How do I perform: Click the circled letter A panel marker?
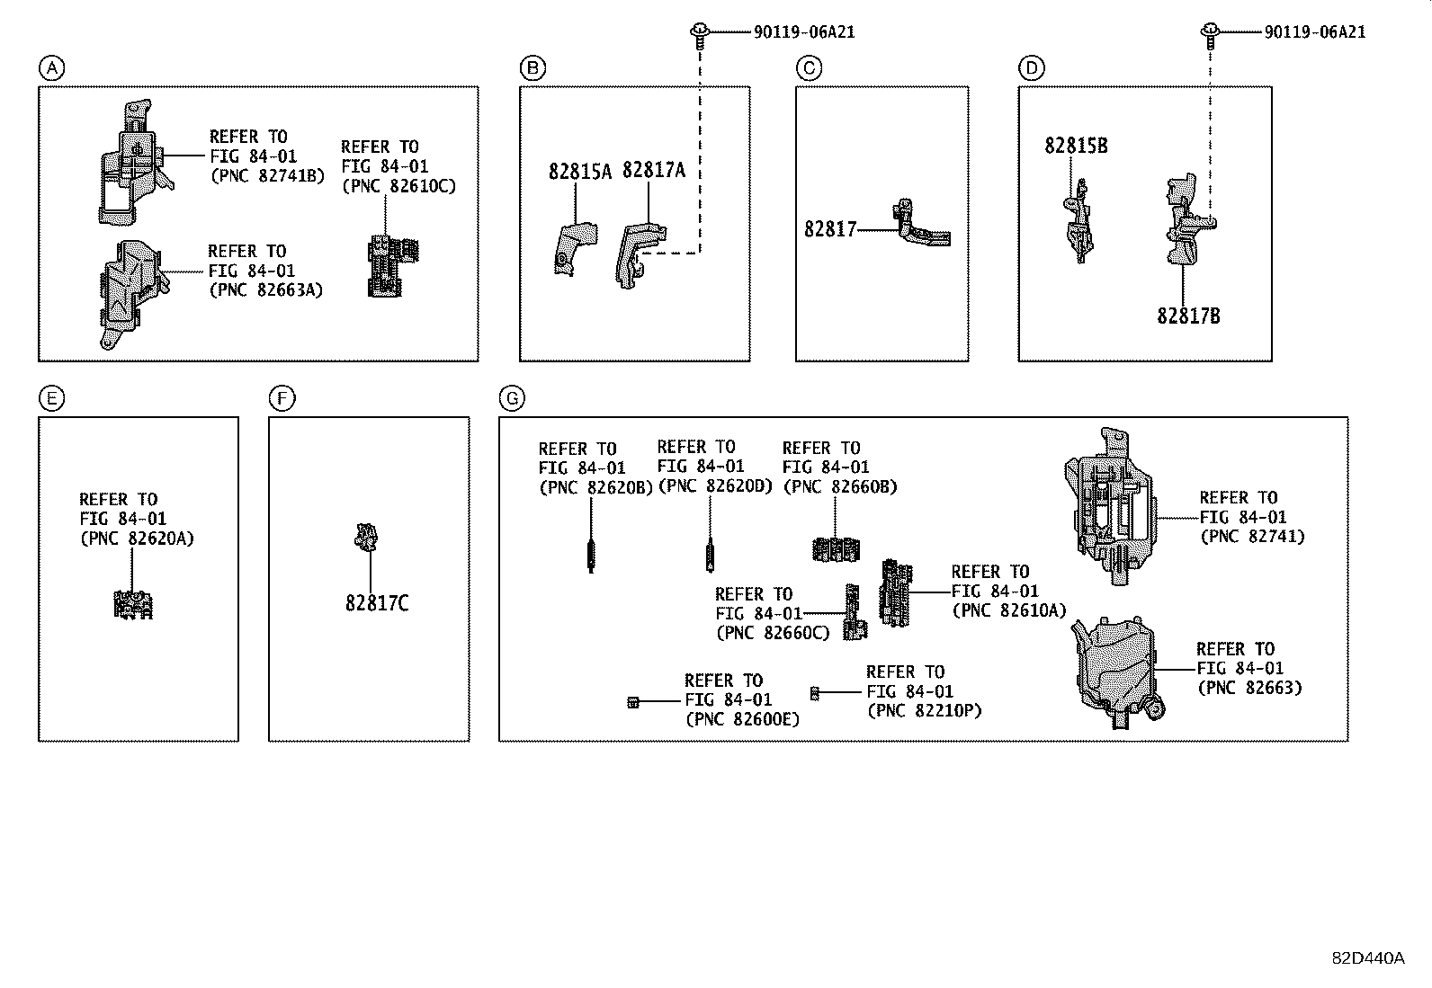[x=52, y=67]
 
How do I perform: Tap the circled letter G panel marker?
[x=511, y=398]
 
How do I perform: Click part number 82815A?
[x=579, y=172]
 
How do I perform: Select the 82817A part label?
[x=653, y=170]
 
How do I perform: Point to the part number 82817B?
[x=1188, y=316]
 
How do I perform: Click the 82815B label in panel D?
[x=1076, y=146]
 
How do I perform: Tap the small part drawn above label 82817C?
[x=366, y=536]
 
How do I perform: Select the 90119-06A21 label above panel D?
[x=1314, y=32]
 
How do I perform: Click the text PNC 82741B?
[x=266, y=176]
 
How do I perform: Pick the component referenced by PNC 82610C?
[x=392, y=265]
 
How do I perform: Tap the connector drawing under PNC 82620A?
[x=133, y=605]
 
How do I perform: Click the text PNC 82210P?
[x=924, y=711]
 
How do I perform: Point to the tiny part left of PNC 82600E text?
[x=633, y=701]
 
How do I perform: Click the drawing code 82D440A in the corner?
[x=1367, y=958]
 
